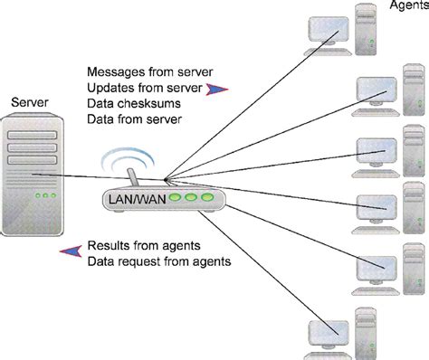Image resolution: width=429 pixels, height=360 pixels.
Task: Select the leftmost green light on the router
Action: tap(177, 197)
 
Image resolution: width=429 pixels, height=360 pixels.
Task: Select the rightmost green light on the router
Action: tap(207, 197)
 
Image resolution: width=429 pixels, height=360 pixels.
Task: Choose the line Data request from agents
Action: tap(158, 262)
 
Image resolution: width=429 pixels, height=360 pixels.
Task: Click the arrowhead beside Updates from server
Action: tap(216, 88)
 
